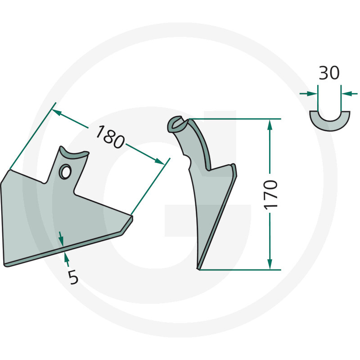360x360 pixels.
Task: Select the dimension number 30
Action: click(329, 73)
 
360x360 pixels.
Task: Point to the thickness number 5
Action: click(73, 277)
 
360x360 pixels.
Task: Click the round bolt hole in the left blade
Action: click(65, 171)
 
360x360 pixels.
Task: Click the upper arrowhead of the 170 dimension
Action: click(270, 125)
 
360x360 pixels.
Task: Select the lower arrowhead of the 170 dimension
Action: click(270, 264)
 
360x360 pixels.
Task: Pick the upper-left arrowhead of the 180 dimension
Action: click(58, 112)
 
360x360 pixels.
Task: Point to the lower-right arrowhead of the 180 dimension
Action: click(160, 162)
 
